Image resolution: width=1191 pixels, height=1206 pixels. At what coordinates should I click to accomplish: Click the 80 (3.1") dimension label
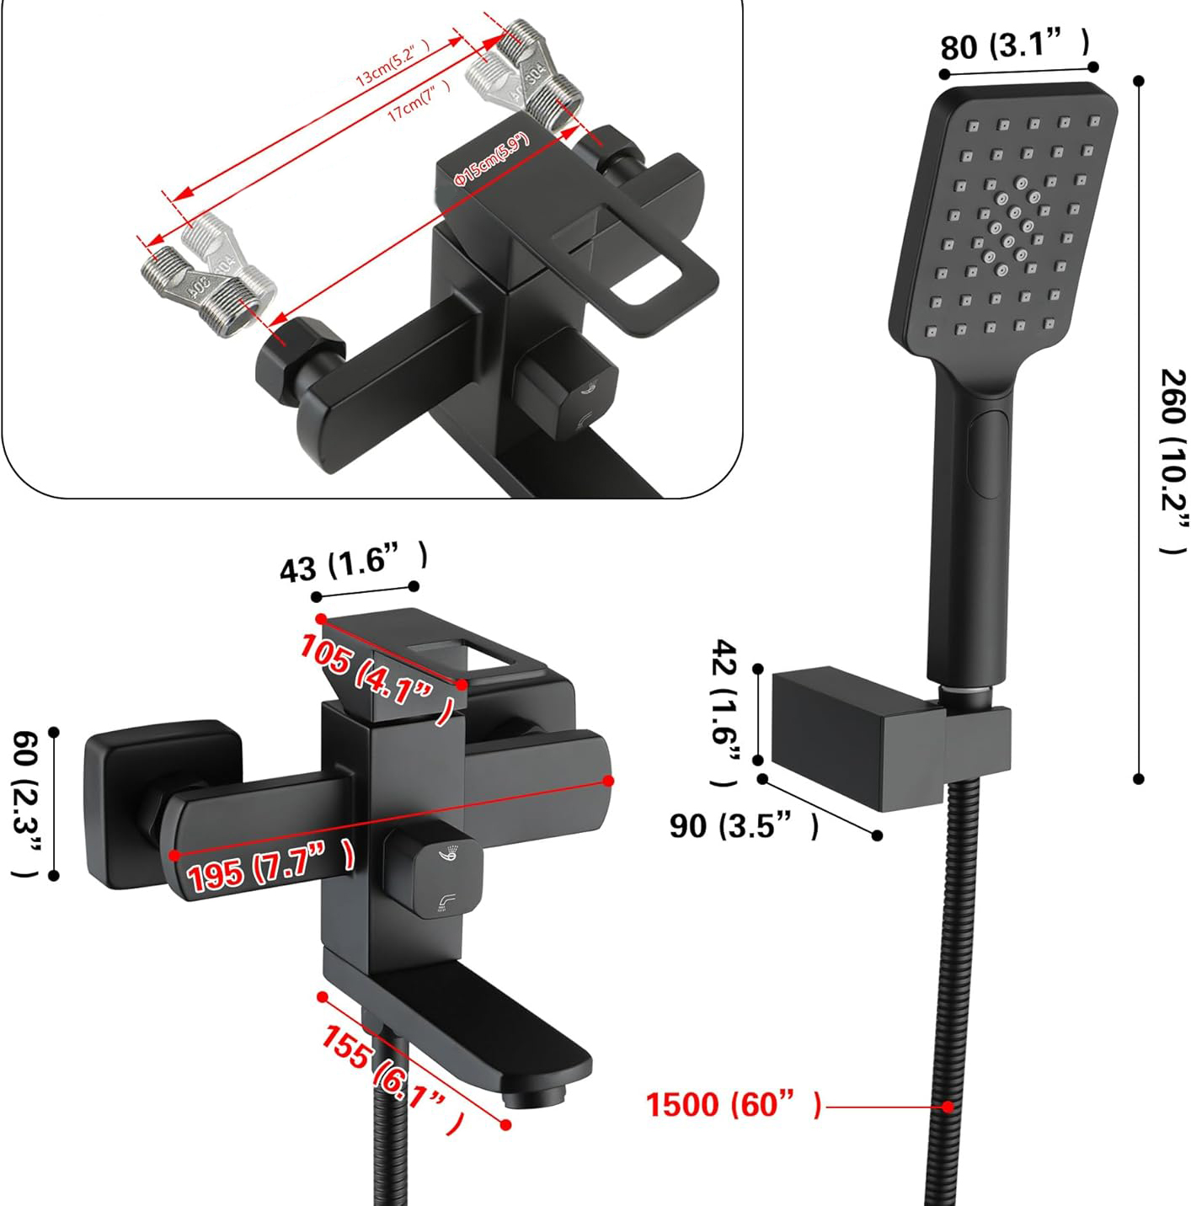(1014, 45)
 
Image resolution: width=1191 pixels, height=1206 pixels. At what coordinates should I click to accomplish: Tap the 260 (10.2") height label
(1172, 462)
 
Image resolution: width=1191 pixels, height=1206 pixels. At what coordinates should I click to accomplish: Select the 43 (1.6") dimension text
(354, 563)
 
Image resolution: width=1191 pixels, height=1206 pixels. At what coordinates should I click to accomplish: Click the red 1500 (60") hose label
(734, 1105)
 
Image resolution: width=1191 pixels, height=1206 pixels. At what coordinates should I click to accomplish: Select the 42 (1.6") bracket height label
(726, 712)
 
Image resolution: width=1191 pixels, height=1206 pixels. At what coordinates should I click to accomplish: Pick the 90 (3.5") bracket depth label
(744, 826)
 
